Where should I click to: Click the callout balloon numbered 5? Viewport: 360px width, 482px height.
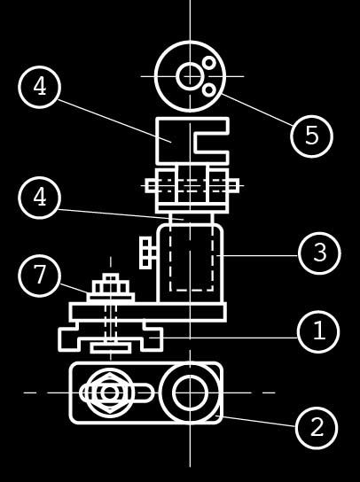point(311,136)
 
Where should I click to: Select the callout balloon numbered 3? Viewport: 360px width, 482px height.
point(319,253)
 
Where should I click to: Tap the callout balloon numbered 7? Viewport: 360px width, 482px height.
point(39,276)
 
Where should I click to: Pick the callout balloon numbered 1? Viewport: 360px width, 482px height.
point(318,331)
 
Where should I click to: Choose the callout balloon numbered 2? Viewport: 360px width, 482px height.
point(317,428)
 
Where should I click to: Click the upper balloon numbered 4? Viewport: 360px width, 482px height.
point(39,87)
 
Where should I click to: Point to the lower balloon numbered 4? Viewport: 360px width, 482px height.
point(39,198)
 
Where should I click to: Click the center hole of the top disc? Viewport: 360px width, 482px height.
point(190,76)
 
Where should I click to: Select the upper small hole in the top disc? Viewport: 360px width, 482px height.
point(209,63)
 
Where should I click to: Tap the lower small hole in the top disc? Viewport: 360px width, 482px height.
point(209,90)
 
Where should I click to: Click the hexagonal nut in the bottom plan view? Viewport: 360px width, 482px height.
point(110,393)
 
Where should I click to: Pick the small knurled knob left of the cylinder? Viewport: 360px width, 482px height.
point(146,253)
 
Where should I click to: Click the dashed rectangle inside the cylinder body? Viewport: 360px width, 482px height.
point(192,291)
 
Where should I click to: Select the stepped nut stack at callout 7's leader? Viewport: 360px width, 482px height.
point(111,287)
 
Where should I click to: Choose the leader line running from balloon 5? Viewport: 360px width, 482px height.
point(256,110)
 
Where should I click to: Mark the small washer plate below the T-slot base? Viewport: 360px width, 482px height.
point(111,348)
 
